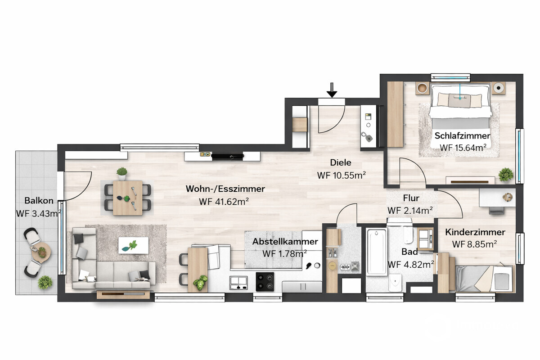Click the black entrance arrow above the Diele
(332, 90)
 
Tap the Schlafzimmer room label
(463, 136)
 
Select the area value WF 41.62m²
(224, 202)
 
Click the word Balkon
(39, 200)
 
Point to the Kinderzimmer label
(475, 232)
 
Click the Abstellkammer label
(285, 241)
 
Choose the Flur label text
(411, 198)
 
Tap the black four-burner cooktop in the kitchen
(265, 282)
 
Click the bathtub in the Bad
(376, 252)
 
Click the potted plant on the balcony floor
(45, 282)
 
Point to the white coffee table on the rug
(133, 245)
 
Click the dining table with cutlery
(128, 198)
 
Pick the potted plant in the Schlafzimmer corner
(506, 174)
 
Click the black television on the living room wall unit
(228, 157)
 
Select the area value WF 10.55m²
(342, 175)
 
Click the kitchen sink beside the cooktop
(238, 283)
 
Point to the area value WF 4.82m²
(411, 265)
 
